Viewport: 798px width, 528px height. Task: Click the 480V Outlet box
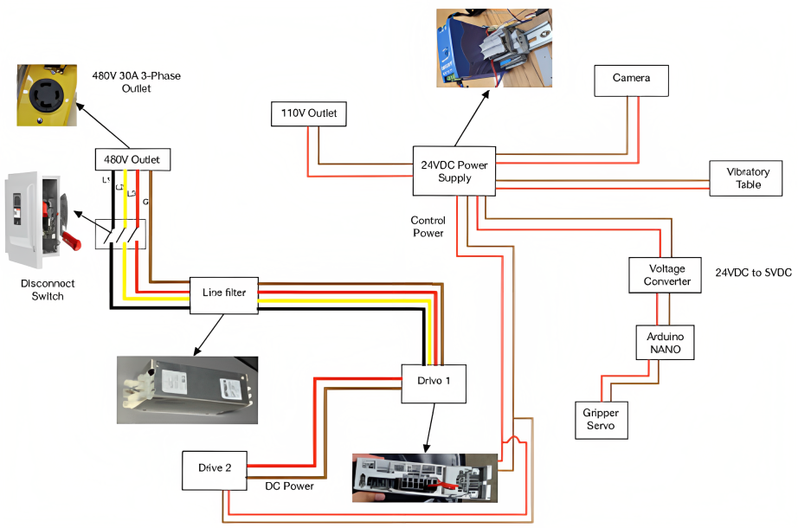pos(132,160)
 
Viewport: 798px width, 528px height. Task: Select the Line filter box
pos(223,293)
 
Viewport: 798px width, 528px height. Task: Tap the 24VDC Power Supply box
pos(454,171)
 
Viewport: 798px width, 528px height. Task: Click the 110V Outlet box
pos(308,114)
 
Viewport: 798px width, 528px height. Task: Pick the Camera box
pos(631,79)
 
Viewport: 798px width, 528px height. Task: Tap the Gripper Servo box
pos(601,419)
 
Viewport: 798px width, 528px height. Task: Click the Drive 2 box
pos(215,469)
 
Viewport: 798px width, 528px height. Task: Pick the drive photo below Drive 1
pos(424,478)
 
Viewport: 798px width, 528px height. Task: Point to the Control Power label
pos(427,227)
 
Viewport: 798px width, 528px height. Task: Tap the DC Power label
pos(289,486)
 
